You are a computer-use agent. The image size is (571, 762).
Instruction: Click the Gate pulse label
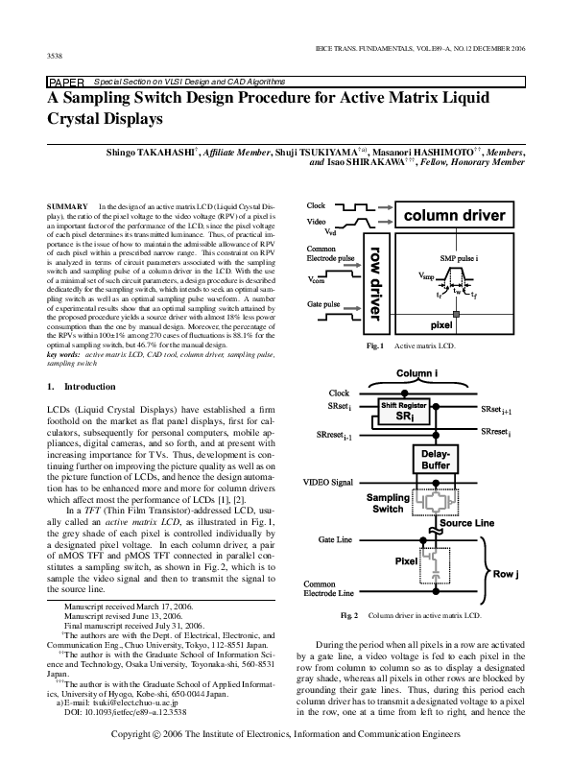324,305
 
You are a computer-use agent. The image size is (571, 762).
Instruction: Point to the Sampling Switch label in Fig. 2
388,504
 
